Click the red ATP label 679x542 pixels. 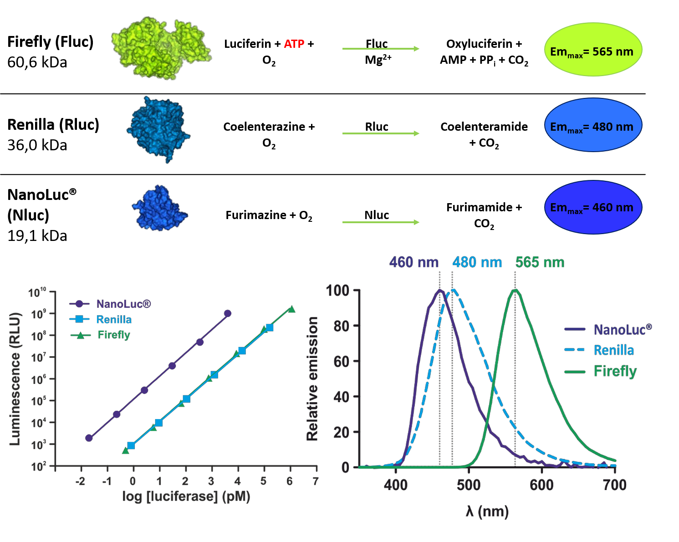pyautogui.click(x=294, y=44)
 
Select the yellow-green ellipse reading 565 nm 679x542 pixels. pyautogui.click(x=592, y=50)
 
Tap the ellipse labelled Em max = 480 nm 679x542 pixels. pyautogui.click(x=592, y=125)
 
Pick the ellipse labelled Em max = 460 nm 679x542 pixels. pyautogui.click(x=592, y=207)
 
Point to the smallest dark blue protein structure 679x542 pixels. pyautogui.click(x=159, y=209)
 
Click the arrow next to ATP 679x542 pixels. pyautogui.click(x=381, y=49)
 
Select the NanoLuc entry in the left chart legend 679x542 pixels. pyautogui.click(x=123, y=304)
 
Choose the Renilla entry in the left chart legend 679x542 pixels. pyautogui.click(x=113, y=320)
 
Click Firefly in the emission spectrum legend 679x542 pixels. pyautogui.click(x=615, y=371)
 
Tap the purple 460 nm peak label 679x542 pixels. pyautogui.click(x=414, y=262)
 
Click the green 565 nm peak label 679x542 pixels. pyautogui.click(x=540, y=262)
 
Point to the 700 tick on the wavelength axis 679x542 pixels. pyautogui.click(x=615, y=485)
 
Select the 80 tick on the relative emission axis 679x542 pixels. pyautogui.click(x=341, y=326)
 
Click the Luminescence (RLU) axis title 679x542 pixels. pyautogui.click(x=15, y=378)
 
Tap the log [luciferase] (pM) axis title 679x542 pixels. pyautogui.click(x=186, y=496)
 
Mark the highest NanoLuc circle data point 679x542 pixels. pyautogui.click(x=228, y=313)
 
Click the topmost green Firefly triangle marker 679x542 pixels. pyautogui.click(x=291, y=310)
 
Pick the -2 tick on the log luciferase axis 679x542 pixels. pyautogui.click(x=81, y=481)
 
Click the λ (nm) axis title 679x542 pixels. pyautogui.click(x=487, y=511)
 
